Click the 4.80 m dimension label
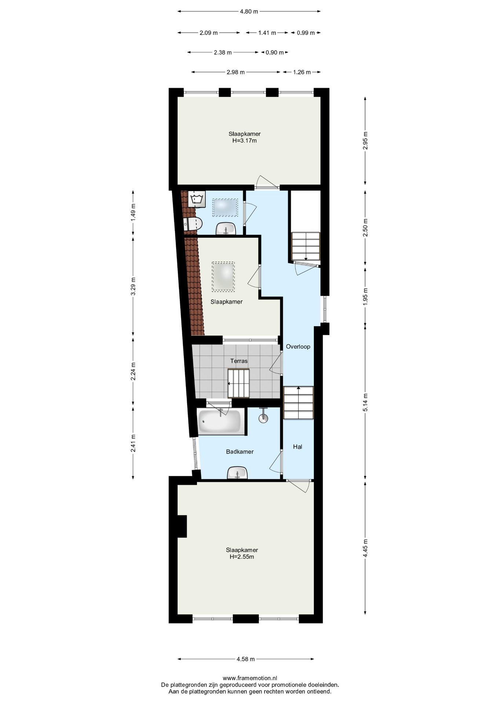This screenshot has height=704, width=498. coord(249,11)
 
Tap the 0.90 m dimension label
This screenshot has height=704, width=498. coord(275,52)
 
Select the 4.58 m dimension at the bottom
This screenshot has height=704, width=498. coord(246,659)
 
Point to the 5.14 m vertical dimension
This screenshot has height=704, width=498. coord(365,402)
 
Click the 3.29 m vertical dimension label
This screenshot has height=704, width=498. coord(133,286)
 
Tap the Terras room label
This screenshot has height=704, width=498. coord(239,361)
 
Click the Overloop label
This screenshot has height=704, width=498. coord(298,346)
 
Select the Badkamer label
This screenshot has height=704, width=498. coord(240,452)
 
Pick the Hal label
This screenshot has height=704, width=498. coord(297,447)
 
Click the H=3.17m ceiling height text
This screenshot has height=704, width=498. coord(245,140)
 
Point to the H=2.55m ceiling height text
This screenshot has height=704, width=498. coord(242,557)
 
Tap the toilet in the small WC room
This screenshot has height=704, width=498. coord(193,224)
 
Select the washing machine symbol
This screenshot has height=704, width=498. coord(197,199)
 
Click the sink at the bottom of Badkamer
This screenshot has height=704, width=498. coord(237,473)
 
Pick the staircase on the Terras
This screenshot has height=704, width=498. coord(238,384)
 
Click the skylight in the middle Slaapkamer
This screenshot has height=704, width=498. coord(223,276)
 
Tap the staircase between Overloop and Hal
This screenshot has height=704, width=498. coord(299,403)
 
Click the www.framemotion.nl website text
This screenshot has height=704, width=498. coord(250,678)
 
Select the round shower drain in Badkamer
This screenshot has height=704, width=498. coord(263,418)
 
